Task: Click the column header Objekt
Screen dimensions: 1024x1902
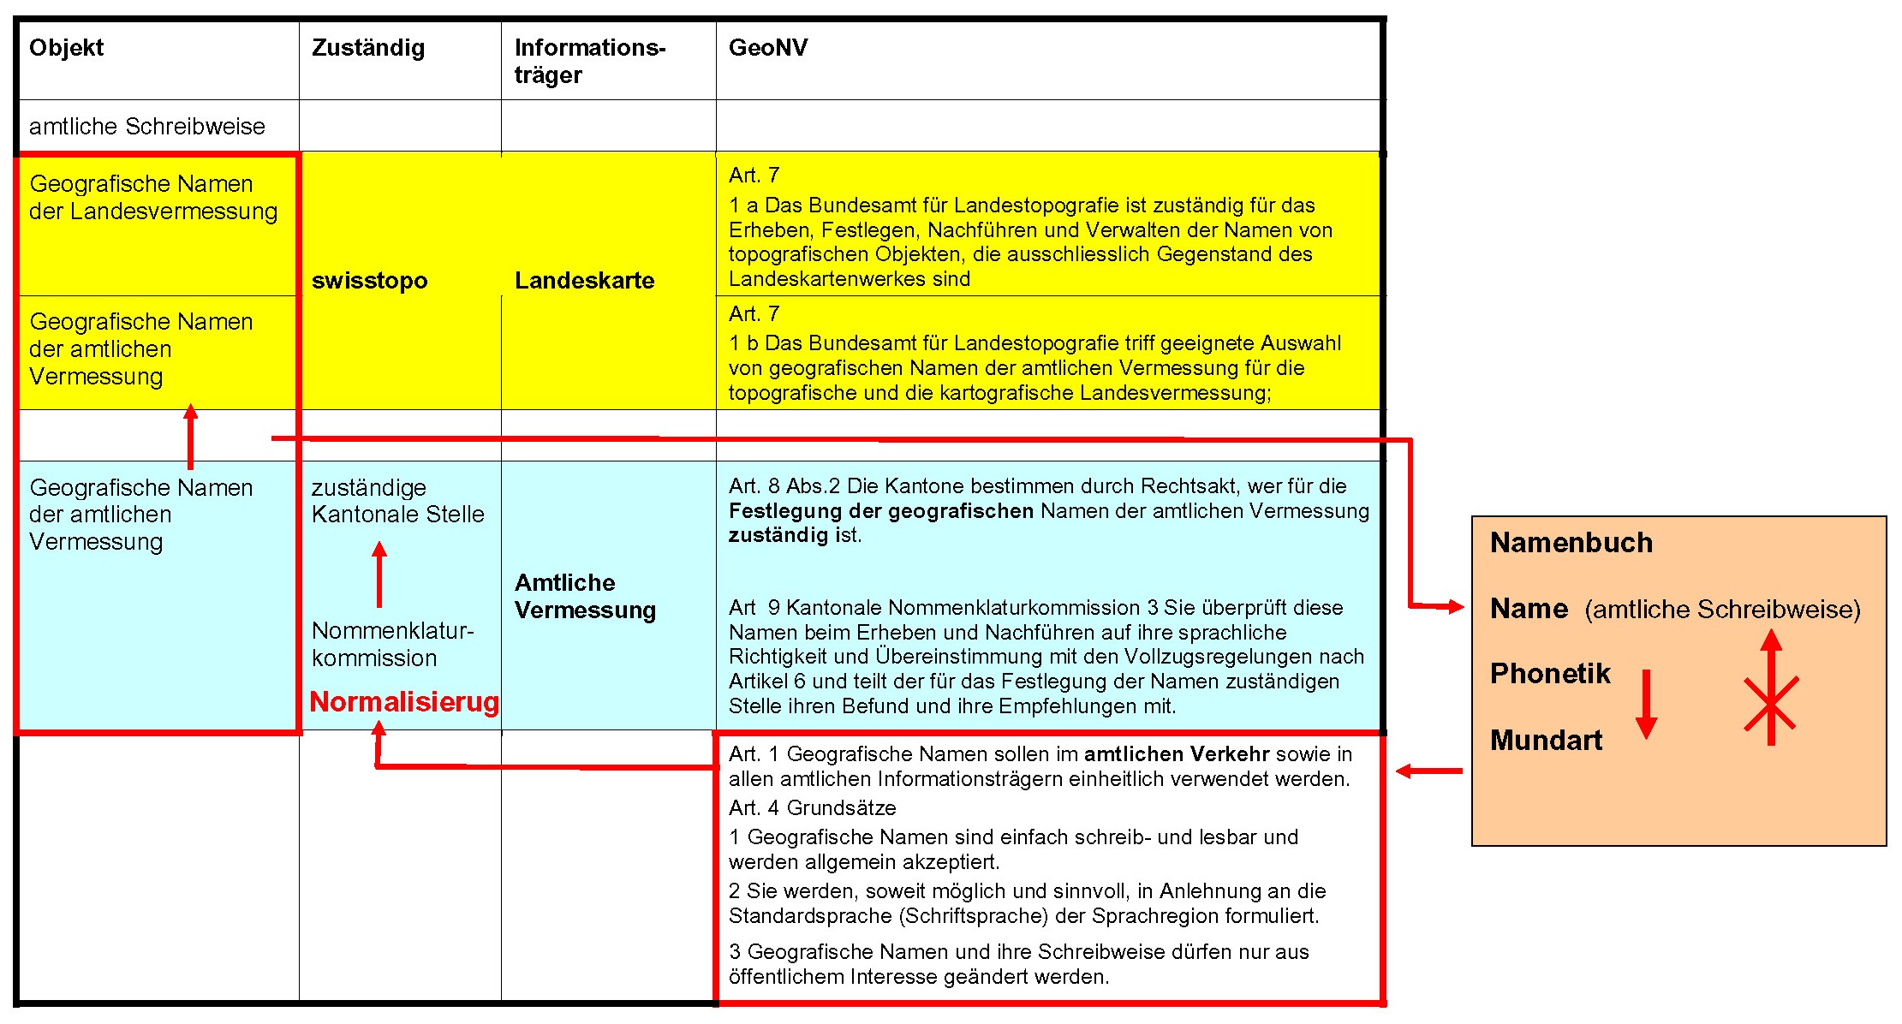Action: tap(66, 48)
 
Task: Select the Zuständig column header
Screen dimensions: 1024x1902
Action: tap(367, 48)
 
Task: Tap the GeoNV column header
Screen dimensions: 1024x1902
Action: tap(767, 48)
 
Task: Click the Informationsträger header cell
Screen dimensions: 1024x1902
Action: tap(589, 61)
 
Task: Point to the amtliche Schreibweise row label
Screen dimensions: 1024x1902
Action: tap(146, 127)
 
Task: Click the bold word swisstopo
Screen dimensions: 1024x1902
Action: tap(369, 281)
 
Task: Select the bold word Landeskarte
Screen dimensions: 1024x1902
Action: tap(584, 281)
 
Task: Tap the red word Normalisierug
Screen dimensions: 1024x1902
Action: tap(403, 702)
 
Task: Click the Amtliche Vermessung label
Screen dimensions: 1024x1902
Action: tap(585, 597)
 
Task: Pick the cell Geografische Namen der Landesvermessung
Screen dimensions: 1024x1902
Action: tap(153, 198)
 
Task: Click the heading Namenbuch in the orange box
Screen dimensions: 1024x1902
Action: tap(1571, 543)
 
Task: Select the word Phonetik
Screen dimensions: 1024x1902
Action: tap(1550, 674)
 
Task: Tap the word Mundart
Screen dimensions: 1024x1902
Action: tap(1546, 741)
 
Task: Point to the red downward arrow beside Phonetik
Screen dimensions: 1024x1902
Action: tap(1646, 705)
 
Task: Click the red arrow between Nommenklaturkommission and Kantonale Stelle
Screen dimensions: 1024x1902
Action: tap(379, 575)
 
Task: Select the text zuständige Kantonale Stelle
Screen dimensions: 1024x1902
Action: tap(397, 501)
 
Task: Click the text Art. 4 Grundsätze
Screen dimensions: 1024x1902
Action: tap(812, 808)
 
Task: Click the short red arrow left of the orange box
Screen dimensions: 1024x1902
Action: tap(1428, 771)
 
